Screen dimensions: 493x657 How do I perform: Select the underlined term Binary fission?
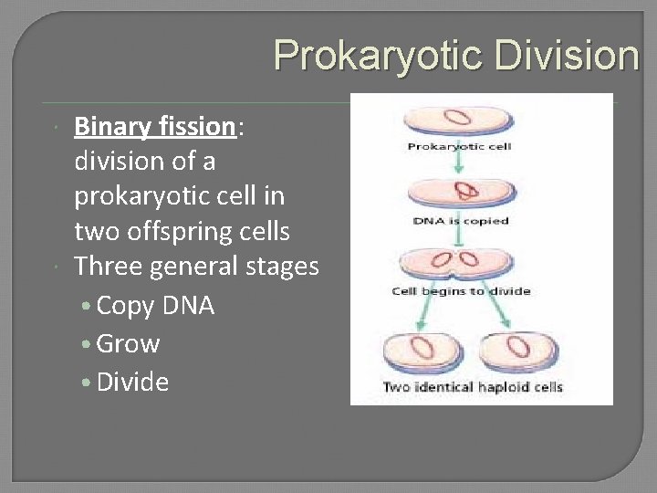pyautogui.click(x=154, y=126)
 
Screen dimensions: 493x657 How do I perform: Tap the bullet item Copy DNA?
pyautogui.click(x=154, y=306)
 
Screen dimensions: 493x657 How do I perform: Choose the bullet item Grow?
pyautogui.click(x=127, y=344)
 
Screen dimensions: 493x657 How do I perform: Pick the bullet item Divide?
pyautogui.click(x=131, y=382)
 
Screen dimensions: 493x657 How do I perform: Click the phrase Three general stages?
pyautogui.click(x=196, y=267)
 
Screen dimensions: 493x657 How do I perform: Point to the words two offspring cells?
pyautogui.click(x=182, y=232)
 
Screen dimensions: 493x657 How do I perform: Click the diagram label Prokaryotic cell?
pyautogui.click(x=460, y=146)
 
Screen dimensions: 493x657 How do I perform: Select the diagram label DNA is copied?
pyautogui.click(x=460, y=221)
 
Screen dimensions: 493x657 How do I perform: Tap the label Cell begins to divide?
pyautogui.click(x=461, y=291)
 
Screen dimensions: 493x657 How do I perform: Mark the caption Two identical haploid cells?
pyautogui.click(x=473, y=387)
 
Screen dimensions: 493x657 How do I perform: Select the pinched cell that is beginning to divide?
pyautogui.click(x=461, y=264)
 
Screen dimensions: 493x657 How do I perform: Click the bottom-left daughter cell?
pyautogui.click(x=421, y=351)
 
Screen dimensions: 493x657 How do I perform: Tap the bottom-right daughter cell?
pyautogui.click(x=516, y=351)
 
